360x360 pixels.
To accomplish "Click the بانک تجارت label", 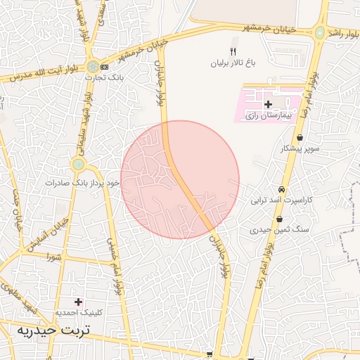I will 94,77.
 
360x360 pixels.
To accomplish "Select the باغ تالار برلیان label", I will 234,63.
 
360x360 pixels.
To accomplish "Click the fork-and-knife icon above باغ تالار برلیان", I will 234,51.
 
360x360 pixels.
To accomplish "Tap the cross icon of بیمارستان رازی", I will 268,103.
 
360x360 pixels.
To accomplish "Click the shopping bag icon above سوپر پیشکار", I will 300,138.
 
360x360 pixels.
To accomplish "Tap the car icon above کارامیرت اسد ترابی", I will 281,189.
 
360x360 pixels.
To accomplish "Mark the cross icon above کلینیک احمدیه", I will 79,301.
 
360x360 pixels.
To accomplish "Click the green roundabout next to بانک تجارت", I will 93,65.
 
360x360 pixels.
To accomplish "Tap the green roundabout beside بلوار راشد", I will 321,32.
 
